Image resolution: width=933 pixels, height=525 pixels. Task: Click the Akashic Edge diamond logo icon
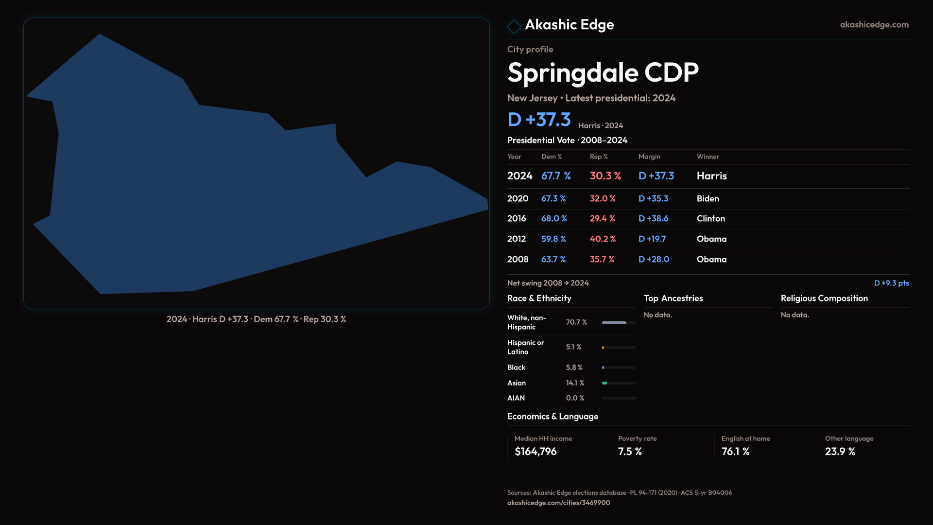[x=514, y=26]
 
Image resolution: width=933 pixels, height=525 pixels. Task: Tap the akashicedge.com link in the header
[x=874, y=25]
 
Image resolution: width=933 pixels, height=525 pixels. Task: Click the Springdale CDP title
[x=603, y=73]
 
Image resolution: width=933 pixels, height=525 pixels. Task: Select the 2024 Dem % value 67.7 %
[x=556, y=176]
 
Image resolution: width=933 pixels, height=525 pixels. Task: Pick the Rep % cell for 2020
[x=603, y=199]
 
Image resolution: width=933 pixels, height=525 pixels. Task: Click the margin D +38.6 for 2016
[x=653, y=219]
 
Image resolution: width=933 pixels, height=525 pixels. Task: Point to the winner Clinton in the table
[x=710, y=219]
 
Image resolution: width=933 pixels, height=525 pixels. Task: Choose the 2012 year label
[x=517, y=239]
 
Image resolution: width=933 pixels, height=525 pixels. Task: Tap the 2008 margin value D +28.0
[x=654, y=260]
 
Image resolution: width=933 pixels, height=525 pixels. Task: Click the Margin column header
[x=649, y=157]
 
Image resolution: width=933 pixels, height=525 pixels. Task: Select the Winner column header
[x=708, y=157]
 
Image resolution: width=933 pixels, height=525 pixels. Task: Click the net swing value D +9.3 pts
[x=891, y=283]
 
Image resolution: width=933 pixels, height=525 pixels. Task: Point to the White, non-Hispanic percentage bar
[x=619, y=323]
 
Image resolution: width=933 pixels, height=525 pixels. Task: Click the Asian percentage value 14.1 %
[x=575, y=383]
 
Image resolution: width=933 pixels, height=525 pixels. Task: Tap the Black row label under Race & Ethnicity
[x=516, y=367]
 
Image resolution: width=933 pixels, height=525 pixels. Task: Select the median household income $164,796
[x=536, y=452]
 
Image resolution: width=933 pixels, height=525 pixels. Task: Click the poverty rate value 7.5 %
[x=630, y=452]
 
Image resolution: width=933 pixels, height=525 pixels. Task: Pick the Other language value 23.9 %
[x=840, y=452]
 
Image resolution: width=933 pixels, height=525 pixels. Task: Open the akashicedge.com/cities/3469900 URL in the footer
[x=558, y=503]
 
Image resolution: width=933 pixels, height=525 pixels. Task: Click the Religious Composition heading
[x=824, y=298]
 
